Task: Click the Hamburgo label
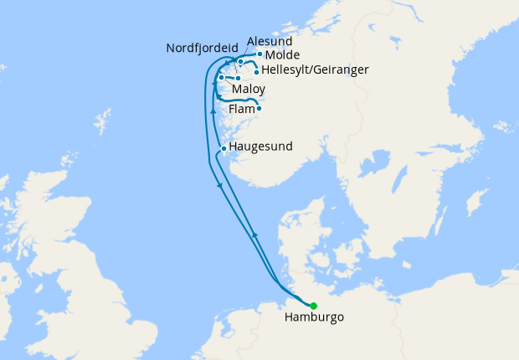[x=314, y=318]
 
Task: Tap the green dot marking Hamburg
[x=314, y=306]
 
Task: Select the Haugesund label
[x=260, y=147]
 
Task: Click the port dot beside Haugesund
[x=223, y=149]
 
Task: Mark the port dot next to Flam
[x=259, y=108]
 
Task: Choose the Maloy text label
[x=250, y=87]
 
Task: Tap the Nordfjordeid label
[x=202, y=48]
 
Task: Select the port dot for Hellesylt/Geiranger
[x=256, y=72]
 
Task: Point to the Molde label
[x=281, y=54]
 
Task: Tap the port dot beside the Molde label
[x=259, y=54]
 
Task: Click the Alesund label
[x=270, y=39]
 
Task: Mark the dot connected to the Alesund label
[x=240, y=61]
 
